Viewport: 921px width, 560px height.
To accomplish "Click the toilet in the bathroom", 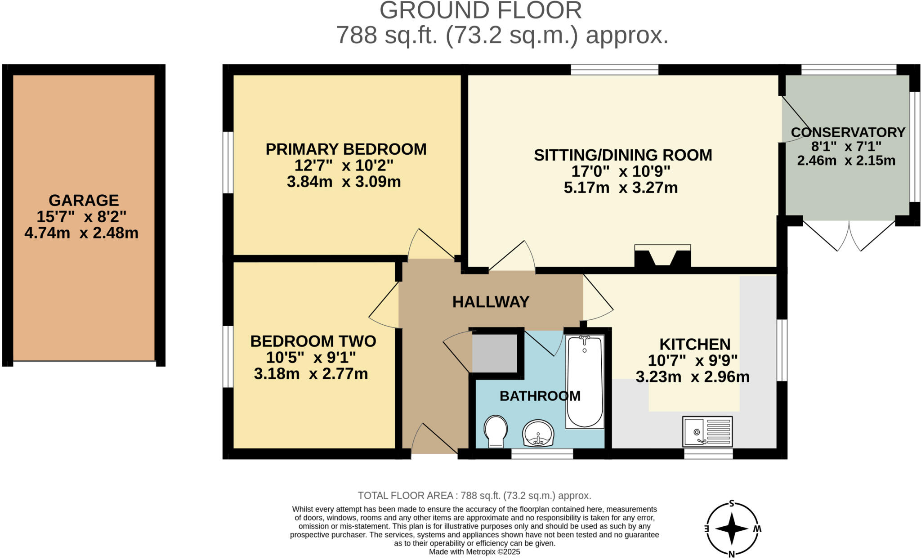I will click(496, 431).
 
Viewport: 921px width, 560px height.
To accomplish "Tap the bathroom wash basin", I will click(538, 433).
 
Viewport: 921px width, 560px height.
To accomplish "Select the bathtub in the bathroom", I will click(584, 381).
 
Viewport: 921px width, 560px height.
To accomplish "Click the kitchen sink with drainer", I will click(707, 431).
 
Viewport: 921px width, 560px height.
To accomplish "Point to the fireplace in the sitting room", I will click(662, 257).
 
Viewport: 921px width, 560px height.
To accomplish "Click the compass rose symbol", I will click(732, 529).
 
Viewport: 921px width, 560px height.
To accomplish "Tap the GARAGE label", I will click(84, 200).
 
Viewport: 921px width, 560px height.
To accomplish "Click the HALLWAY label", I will click(491, 302).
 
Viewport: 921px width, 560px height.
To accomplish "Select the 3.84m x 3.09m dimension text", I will click(344, 182).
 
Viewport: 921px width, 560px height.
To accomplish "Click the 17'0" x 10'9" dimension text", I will click(621, 171).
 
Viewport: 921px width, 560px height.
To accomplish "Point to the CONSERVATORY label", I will click(848, 132).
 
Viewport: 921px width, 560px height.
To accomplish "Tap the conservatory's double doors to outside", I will click(849, 235).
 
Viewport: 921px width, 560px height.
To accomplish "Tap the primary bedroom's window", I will click(228, 162).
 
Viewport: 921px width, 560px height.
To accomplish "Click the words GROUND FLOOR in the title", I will click(480, 10).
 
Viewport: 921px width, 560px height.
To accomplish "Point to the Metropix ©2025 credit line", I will click(474, 551).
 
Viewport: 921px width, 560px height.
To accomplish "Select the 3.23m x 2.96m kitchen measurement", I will click(693, 377).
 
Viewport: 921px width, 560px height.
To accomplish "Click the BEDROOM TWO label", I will click(313, 341).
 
